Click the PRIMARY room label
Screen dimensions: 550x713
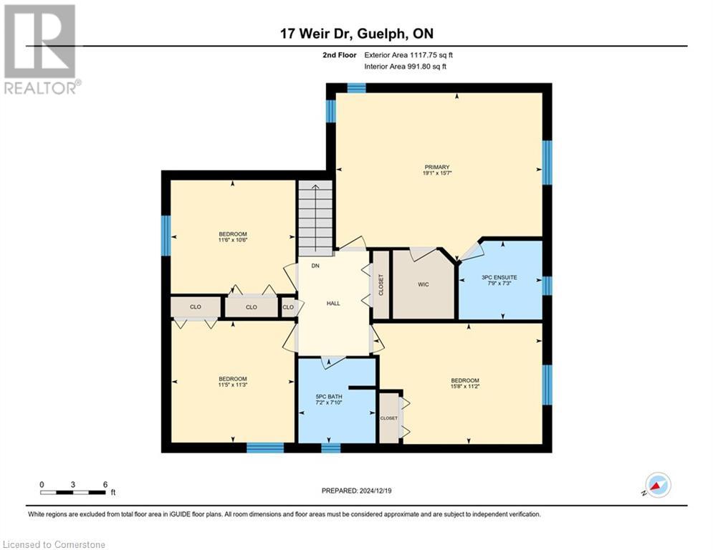[436, 168]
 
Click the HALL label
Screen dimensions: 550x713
[333, 303]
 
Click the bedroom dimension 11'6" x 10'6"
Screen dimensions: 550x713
[233, 241]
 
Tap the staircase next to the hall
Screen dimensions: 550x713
[315, 216]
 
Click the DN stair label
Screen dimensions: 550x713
[315, 266]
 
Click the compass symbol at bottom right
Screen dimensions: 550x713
[657, 486]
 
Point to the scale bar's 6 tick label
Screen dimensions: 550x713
[105, 484]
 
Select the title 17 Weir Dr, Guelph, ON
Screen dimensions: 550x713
[356, 34]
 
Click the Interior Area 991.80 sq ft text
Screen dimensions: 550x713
[405, 67]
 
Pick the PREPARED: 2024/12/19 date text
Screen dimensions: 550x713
[358, 491]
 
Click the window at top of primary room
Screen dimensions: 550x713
[356, 88]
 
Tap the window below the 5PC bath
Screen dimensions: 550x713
[330, 448]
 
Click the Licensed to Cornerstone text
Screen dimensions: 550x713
[53, 545]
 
